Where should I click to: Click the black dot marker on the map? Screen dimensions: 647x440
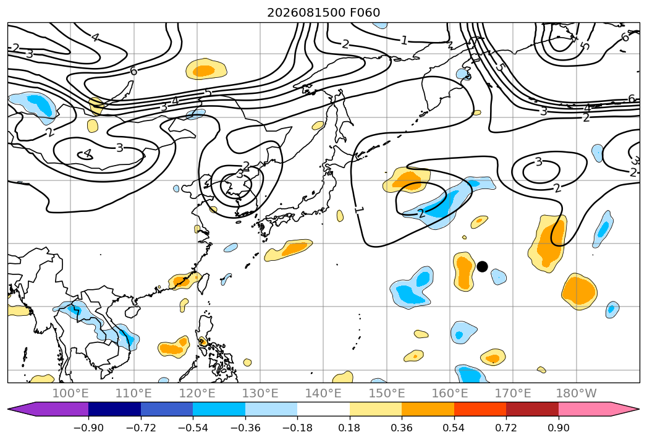pos(482,266)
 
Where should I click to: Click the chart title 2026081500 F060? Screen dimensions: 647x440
pos(324,13)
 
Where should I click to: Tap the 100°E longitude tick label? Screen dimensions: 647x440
pos(70,394)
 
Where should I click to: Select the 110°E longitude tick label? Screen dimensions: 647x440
pos(133,394)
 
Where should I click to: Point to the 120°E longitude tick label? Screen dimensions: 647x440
pos(197,394)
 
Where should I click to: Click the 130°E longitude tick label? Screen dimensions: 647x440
pos(260,394)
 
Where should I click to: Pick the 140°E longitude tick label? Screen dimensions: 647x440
pos(323,394)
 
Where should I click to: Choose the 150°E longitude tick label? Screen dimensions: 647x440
pos(387,394)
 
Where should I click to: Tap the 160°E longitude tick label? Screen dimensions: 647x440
pos(450,394)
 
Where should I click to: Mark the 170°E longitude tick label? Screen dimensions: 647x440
pos(513,394)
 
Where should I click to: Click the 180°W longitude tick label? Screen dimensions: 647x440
pos(576,394)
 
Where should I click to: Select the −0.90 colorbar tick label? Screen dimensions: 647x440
pos(88,428)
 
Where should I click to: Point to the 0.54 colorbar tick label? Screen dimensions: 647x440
pos(454,428)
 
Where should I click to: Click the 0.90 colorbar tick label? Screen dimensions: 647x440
pos(558,428)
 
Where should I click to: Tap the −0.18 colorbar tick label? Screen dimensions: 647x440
pos(297,428)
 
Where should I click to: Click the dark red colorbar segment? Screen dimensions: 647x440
pos(532,409)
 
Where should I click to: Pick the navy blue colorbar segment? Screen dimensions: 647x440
pos(114,409)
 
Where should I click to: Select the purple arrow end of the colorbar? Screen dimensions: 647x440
pos(48,409)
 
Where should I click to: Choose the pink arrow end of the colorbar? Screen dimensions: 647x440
pos(599,409)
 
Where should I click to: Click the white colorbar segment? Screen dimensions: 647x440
pos(324,409)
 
